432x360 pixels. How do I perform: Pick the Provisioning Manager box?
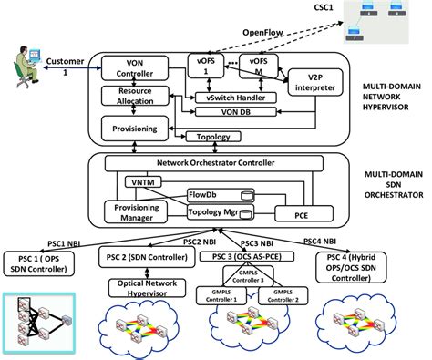click(132, 211)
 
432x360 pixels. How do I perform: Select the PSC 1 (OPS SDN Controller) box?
click(45, 263)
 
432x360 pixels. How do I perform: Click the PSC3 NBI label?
click(264, 242)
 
